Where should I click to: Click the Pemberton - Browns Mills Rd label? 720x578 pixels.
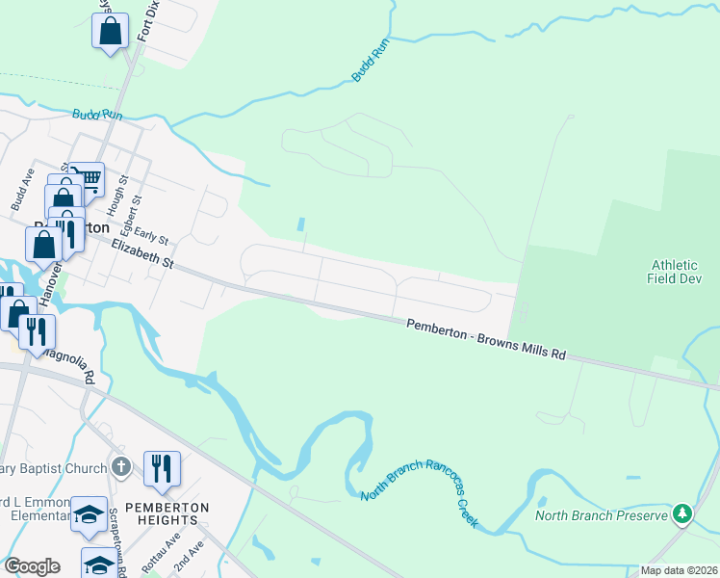pos(486,339)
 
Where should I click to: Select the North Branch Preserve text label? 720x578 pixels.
pos(601,516)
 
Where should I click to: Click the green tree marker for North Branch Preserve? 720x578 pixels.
pos(682,514)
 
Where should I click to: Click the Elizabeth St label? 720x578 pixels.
pos(141,255)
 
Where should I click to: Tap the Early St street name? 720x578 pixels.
pos(151,235)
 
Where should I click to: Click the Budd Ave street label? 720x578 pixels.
pos(22,190)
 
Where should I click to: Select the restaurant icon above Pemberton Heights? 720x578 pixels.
pos(162,469)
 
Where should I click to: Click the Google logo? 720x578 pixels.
pos(32,566)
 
